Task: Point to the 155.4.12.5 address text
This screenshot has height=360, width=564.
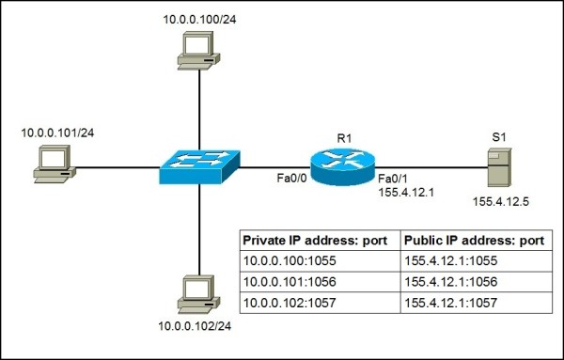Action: pyautogui.click(x=498, y=200)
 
